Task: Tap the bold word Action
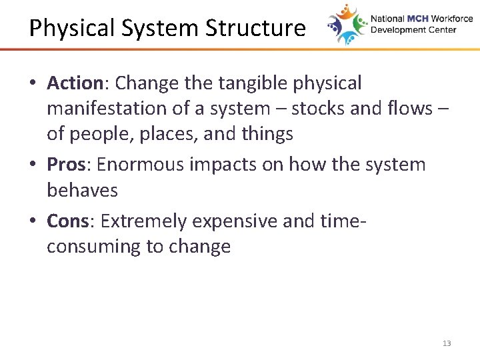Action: click(x=73, y=83)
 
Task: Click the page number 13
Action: click(x=446, y=343)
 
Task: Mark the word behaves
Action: click(x=82, y=191)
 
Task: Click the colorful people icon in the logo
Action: click(x=346, y=25)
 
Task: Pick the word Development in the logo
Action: click(x=396, y=30)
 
